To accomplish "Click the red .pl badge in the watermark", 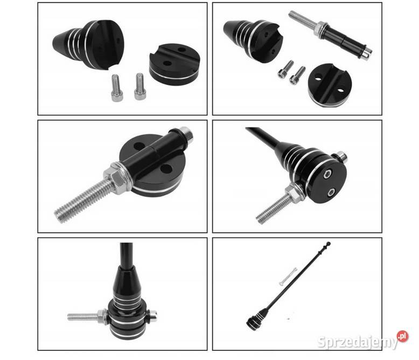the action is pyautogui.click(x=402, y=336).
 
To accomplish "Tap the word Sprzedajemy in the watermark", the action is pyautogui.click(x=358, y=342).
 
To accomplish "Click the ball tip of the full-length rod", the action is pyautogui.click(x=329, y=244).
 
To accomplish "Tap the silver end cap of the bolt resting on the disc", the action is pyautogui.click(x=186, y=135).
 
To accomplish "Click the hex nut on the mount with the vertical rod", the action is pyautogui.click(x=102, y=316).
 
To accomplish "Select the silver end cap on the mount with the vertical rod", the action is pyautogui.click(x=152, y=317).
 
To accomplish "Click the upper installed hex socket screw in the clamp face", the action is pyautogui.click(x=327, y=175).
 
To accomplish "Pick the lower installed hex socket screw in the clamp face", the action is pyautogui.click(x=331, y=192).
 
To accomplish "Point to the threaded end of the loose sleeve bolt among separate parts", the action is pyautogui.click(x=303, y=19).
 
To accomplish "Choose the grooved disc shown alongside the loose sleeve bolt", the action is pyautogui.click(x=330, y=85).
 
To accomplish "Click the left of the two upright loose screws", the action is pyautogui.click(x=116, y=88).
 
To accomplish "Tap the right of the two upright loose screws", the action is pyautogui.click(x=139, y=87).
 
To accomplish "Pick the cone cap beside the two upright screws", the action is pyautogui.click(x=88, y=45).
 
